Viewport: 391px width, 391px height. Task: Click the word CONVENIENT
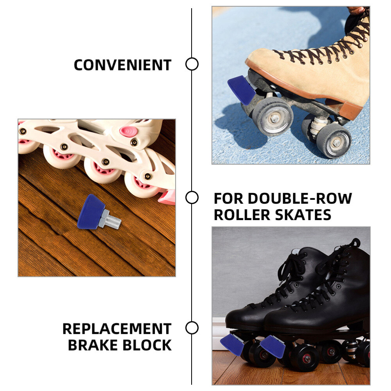pos(122,65)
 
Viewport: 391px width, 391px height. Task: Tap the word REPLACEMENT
pos(117,329)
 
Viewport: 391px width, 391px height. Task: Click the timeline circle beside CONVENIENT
pos(192,64)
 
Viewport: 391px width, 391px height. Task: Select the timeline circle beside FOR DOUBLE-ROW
pos(192,198)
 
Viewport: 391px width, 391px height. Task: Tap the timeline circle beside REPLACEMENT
pos(192,328)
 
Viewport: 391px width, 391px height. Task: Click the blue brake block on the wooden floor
pos(89,211)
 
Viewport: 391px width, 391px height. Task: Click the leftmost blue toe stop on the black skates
pos(232,344)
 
